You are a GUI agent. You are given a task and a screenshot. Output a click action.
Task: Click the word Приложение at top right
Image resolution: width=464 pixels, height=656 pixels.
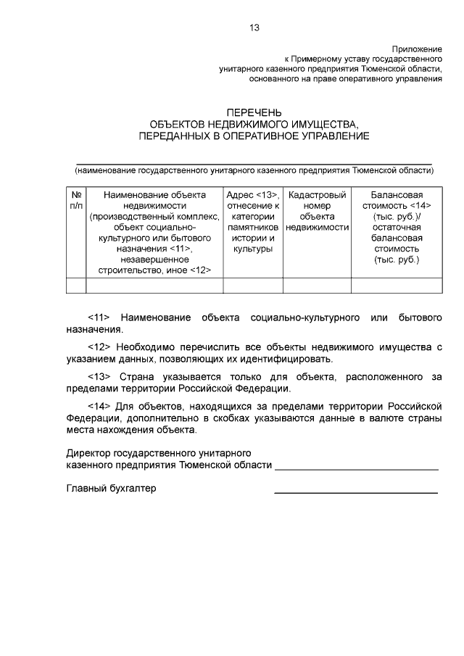coord(417,46)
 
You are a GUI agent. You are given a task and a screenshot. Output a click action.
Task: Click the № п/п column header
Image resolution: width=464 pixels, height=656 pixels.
coord(75,200)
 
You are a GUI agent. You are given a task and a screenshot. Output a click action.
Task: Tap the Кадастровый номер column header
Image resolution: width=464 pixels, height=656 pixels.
coord(316,211)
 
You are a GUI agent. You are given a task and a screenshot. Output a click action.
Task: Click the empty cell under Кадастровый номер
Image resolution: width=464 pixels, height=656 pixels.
coord(316,285)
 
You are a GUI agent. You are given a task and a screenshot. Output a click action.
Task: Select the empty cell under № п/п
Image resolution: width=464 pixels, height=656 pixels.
coord(75,285)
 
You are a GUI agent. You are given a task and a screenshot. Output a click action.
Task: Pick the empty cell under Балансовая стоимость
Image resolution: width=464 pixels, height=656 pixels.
coord(397,285)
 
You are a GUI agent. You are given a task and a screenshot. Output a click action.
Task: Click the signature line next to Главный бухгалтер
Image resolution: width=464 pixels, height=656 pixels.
coord(355,493)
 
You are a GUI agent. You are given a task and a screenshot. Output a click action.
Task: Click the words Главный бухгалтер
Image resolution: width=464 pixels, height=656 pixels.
coord(111,489)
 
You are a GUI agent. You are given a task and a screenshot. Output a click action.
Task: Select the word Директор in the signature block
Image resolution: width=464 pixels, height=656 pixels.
coord(88,453)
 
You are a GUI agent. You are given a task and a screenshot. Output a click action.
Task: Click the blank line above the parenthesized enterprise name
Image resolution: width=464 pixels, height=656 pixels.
coord(254,164)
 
